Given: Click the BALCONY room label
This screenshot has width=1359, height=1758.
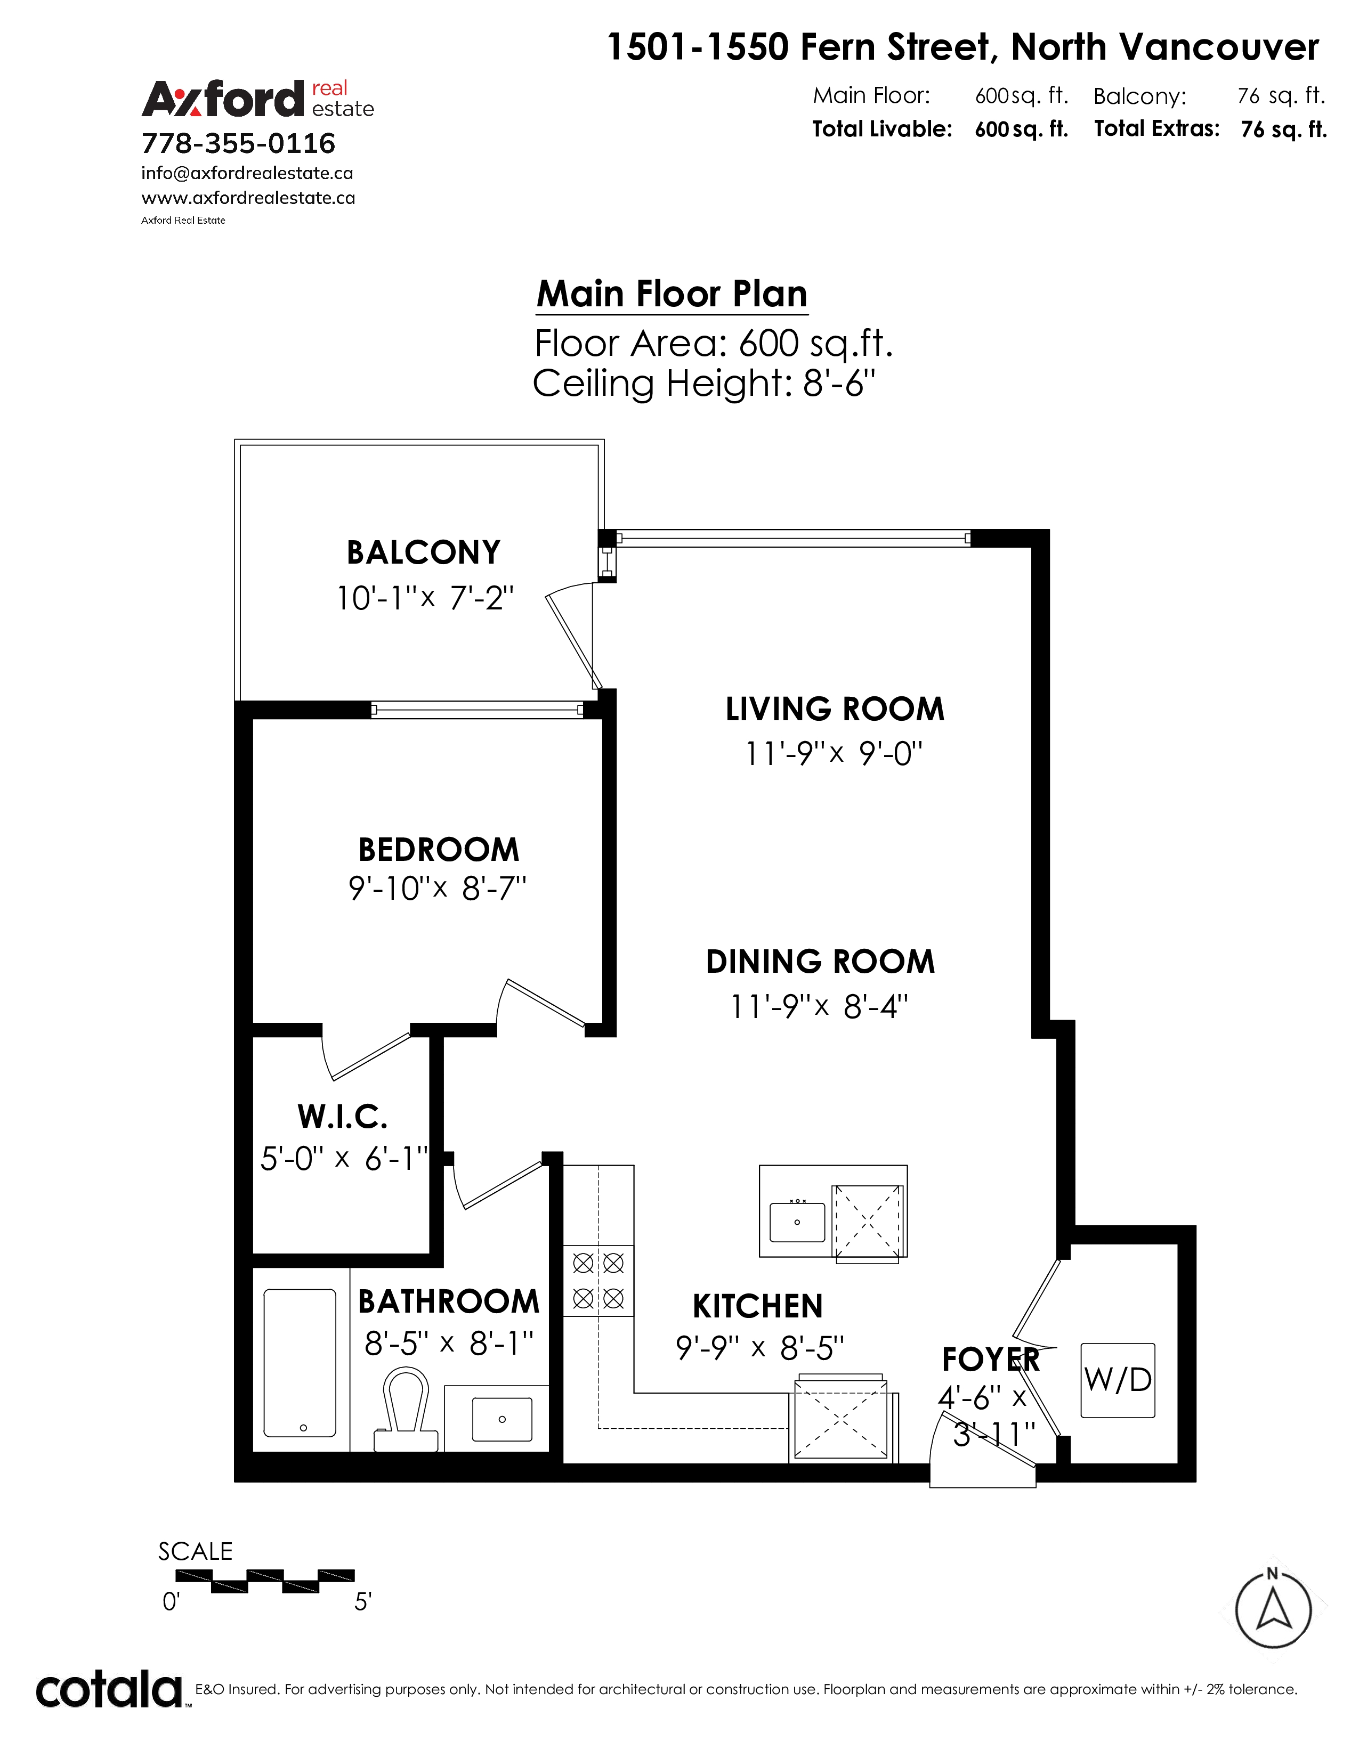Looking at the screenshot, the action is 424,553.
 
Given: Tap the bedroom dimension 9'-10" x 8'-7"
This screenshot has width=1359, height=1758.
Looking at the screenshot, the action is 437,889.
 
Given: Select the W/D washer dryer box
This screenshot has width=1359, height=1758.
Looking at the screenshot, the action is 1118,1380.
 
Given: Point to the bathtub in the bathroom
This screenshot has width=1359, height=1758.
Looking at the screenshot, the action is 300,1363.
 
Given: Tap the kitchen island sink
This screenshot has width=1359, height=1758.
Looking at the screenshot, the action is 797,1222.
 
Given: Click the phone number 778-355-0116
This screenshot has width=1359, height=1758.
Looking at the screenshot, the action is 238,143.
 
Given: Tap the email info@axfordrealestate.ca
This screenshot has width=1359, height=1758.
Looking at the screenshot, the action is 247,173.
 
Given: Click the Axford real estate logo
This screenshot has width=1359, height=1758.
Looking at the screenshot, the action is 257,99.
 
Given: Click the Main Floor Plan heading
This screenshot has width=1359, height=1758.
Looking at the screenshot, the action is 672,294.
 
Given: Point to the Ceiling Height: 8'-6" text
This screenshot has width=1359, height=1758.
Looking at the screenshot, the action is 703,383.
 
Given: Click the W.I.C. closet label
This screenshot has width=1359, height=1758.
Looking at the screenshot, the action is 342,1117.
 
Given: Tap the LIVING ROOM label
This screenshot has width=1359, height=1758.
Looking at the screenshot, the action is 835,709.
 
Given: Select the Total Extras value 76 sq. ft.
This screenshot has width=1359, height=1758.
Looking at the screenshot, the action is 1283,129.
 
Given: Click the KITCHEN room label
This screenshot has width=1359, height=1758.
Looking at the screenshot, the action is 758,1306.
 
